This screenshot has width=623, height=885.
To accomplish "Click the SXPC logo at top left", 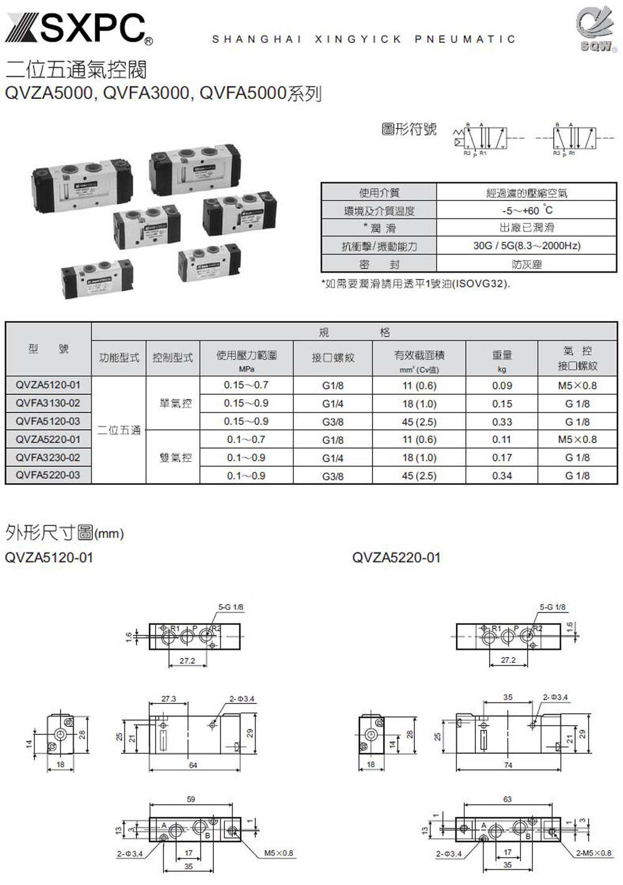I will (78, 29).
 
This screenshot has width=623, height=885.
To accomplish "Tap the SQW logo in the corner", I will (596, 31).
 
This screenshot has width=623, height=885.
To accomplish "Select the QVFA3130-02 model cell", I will (48, 403).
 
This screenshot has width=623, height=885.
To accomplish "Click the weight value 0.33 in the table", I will (502, 422).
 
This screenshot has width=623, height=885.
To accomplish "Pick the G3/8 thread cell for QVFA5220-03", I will (333, 476).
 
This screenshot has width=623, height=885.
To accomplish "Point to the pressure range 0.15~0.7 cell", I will (246, 385).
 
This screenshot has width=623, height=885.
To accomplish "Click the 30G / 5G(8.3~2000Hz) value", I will (526, 246).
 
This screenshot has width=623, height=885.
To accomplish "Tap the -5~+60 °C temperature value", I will (526, 210).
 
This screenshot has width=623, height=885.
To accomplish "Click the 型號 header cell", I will (48, 349).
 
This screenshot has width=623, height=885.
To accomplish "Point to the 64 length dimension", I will (193, 766).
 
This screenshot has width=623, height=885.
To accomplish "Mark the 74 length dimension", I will (508, 766).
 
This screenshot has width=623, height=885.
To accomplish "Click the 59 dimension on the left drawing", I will (191, 799).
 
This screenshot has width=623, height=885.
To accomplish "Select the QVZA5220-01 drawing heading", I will (396, 558).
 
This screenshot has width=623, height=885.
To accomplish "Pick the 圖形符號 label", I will (409, 129).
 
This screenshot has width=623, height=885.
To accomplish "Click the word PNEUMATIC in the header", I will (465, 39).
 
